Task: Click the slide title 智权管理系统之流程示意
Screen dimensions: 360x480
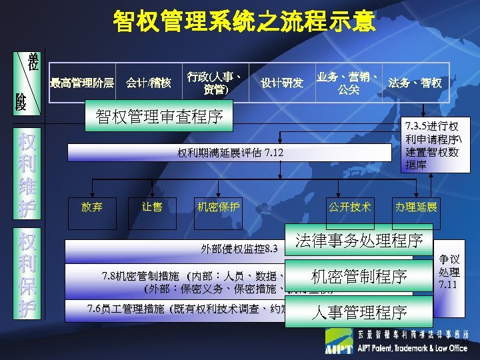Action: point(244,21)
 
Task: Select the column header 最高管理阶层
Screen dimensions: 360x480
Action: point(82,83)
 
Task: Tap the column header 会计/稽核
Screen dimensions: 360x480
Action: point(149,83)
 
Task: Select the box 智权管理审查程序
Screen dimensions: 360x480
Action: point(159,117)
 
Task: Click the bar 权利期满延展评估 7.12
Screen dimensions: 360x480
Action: point(231,153)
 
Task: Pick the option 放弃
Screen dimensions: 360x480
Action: point(91,207)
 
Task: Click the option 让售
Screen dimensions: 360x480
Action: point(152,207)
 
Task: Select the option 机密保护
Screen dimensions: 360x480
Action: point(219,207)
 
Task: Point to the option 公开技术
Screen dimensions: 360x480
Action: point(349,207)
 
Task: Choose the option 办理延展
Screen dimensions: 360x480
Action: point(416,207)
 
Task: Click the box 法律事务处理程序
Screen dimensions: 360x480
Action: point(359,239)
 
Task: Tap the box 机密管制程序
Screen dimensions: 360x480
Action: point(359,276)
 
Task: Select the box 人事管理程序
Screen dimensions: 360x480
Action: point(359,311)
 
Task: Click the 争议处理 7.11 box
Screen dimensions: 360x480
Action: point(449,269)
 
